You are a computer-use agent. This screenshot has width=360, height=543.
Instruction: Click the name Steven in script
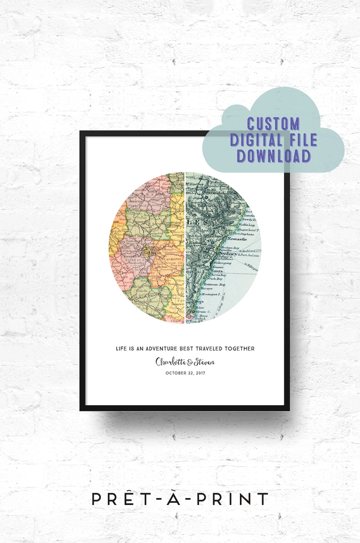coord(202,362)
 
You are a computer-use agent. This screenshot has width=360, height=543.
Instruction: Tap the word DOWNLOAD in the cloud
coord(273,155)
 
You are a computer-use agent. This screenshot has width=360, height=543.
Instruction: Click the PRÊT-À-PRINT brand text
coord(180,499)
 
